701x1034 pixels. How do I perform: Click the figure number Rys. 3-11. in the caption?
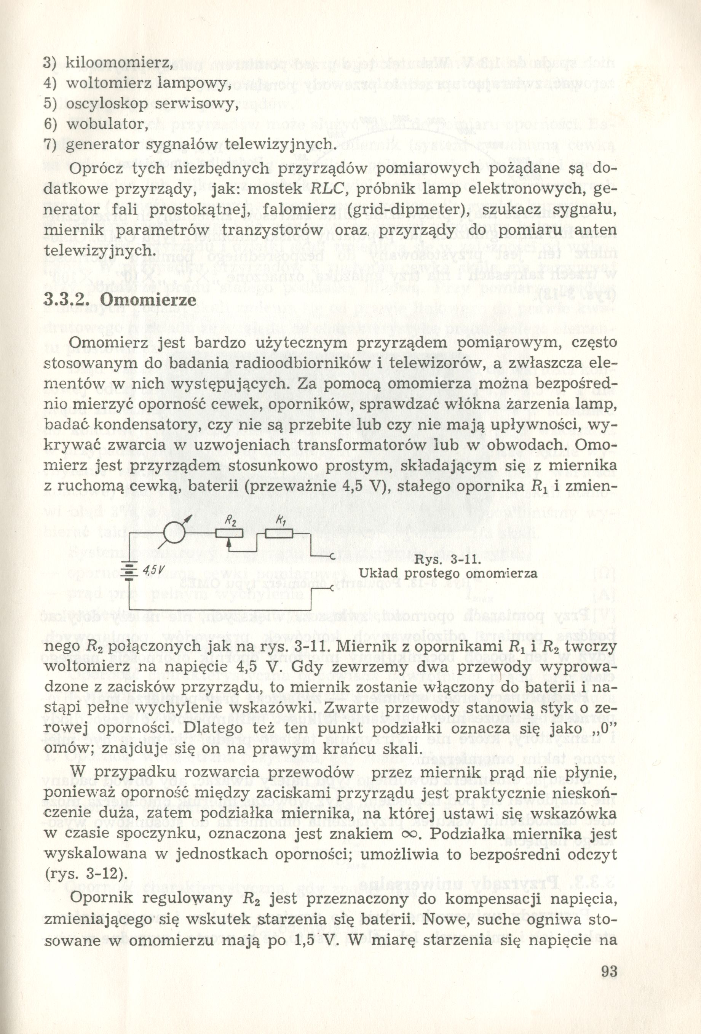449,559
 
